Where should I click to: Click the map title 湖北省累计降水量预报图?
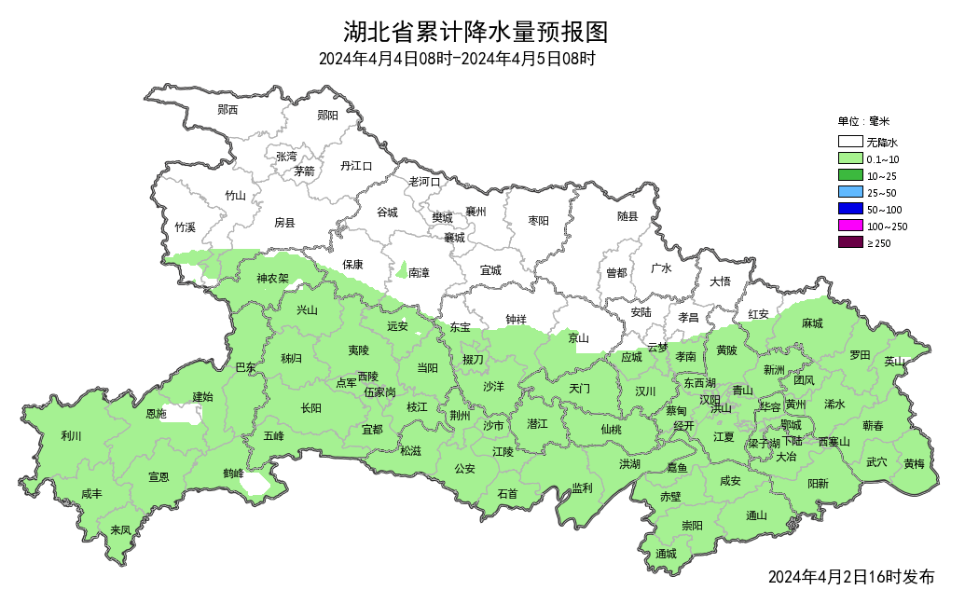[x=476, y=33]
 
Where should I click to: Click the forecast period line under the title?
[x=457, y=59]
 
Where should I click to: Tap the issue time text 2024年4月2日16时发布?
[x=850, y=577]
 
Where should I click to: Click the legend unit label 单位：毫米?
[x=863, y=121]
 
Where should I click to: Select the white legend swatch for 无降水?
[x=848, y=143]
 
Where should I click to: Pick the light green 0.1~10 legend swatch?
[x=848, y=159]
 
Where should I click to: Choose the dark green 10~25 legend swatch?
[x=848, y=176]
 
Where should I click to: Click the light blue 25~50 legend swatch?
[x=848, y=193]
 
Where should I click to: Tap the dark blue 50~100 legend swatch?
[x=848, y=210]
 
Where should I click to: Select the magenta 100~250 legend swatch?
[x=848, y=226]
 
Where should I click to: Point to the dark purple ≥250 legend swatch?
[x=848, y=243]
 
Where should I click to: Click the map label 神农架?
[x=273, y=279]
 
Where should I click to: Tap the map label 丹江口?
[x=356, y=166]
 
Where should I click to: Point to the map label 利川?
[x=72, y=435]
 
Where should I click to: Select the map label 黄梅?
[x=914, y=463]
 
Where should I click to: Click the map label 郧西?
[x=227, y=110]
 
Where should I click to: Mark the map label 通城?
[x=666, y=554]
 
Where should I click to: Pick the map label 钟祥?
[x=516, y=320]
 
